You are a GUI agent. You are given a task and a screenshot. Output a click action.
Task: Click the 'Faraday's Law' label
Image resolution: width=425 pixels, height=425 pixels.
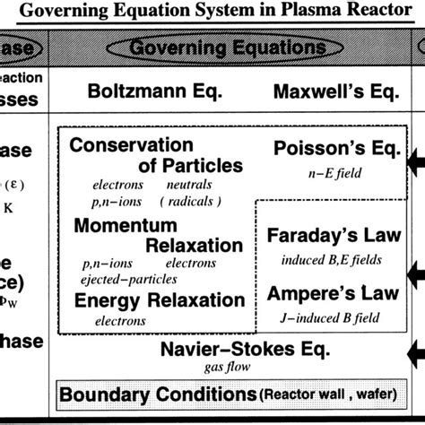coord(318,235)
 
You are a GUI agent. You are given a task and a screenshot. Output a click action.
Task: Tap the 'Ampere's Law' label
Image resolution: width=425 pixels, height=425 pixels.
coord(319,291)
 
